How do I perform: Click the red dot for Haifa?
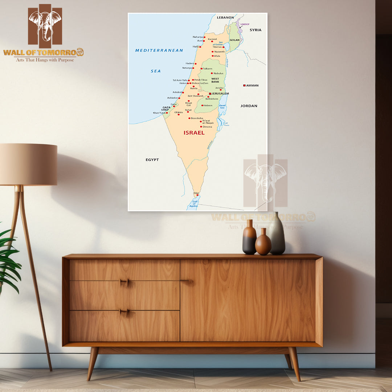click(x=200, y=47)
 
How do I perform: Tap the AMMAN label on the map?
click(x=252, y=86)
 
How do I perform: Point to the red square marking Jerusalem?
click(x=210, y=94)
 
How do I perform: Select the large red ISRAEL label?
click(x=194, y=133)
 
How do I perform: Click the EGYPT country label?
click(x=152, y=160)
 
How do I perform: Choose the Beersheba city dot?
click(x=189, y=118)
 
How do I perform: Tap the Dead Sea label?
click(x=222, y=107)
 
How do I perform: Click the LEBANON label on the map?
click(x=225, y=17)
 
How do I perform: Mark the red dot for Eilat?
click(x=197, y=195)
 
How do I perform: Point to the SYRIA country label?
click(x=256, y=30)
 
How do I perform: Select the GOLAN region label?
click(x=234, y=40)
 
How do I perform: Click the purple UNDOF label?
click(x=245, y=24)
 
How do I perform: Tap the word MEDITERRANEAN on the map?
click(x=159, y=50)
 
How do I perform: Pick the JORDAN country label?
click(x=249, y=106)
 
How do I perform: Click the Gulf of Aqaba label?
click(x=194, y=204)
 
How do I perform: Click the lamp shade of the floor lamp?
click(x=28, y=164)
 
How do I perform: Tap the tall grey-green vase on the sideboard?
click(x=276, y=234)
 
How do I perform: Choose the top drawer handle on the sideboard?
click(x=124, y=282)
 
